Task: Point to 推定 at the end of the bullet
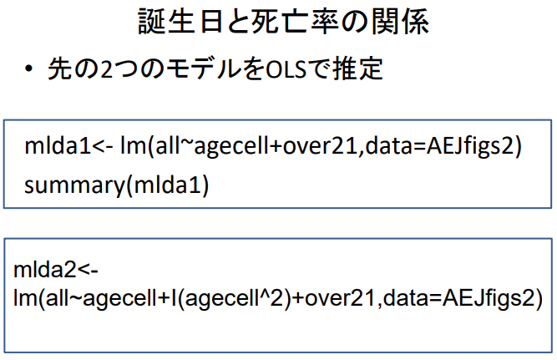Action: [x=362, y=68]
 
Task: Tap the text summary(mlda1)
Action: [x=116, y=184]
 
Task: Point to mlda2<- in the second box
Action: [x=51, y=271]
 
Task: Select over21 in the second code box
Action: [x=331, y=298]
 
